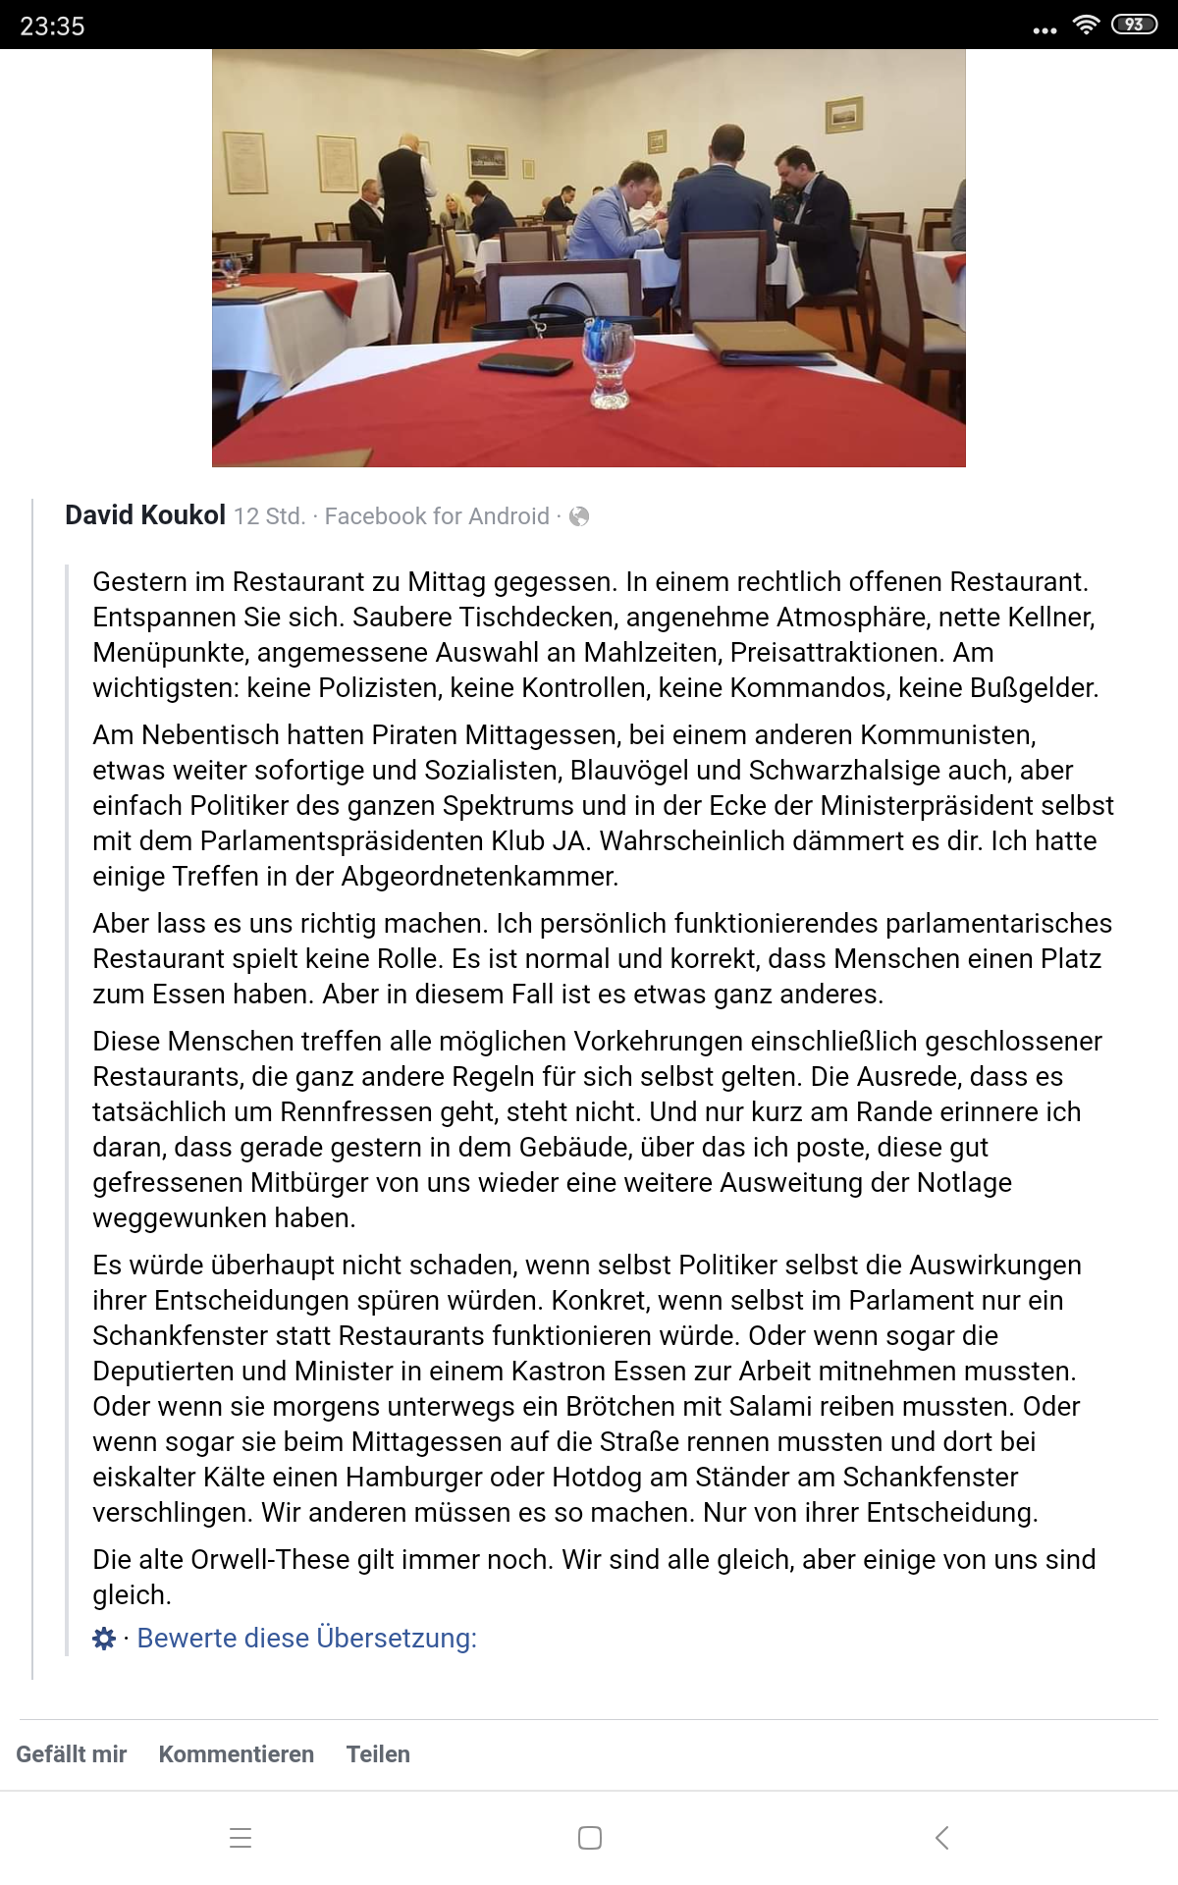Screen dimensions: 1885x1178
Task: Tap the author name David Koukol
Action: (x=145, y=515)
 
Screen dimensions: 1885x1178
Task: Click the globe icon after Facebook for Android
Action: (x=579, y=516)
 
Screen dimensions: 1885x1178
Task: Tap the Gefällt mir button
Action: (x=72, y=1754)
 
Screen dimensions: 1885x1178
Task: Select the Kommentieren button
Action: (x=237, y=1754)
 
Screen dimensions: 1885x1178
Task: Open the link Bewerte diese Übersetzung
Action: (x=306, y=1639)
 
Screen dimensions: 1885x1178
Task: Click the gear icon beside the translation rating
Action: (x=104, y=1639)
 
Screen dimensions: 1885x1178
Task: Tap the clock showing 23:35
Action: (x=53, y=26)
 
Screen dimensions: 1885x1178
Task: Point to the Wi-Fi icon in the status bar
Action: (x=1086, y=25)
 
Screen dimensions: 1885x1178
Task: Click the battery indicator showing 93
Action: (x=1134, y=25)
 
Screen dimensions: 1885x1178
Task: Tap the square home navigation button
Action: (x=590, y=1838)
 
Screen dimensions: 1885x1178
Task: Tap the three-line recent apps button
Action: (x=241, y=1838)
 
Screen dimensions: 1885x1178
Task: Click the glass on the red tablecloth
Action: (x=609, y=363)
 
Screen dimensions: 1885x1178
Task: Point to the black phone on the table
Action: (x=525, y=363)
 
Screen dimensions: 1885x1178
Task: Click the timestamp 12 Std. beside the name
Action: (x=269, y=516)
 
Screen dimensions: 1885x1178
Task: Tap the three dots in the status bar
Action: (x=1044, y=30)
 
